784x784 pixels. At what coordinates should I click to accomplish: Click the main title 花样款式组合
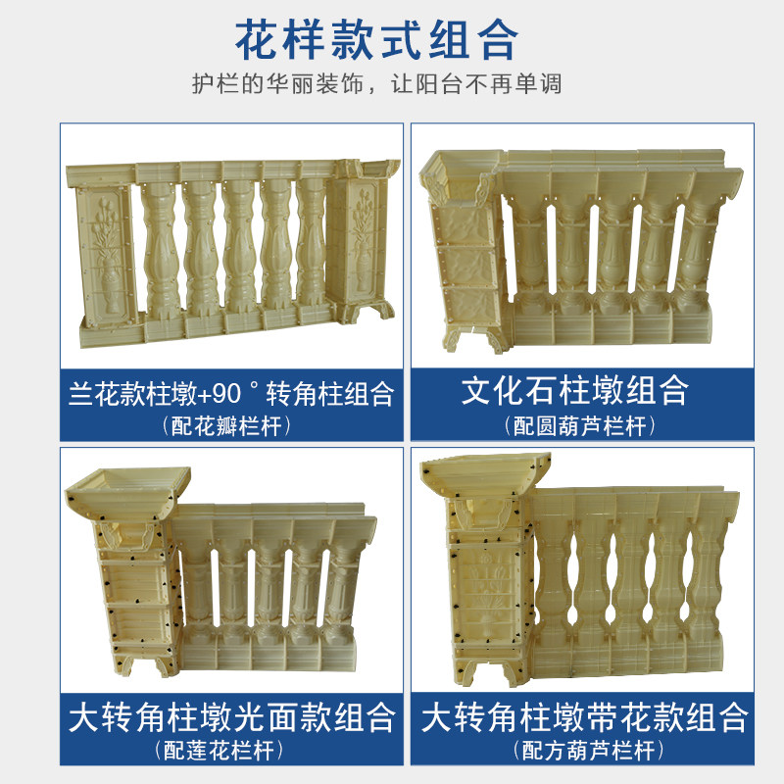376,40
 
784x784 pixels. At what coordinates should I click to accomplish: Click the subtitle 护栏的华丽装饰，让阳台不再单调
376,83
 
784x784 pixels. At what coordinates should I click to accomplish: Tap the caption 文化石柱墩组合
575,390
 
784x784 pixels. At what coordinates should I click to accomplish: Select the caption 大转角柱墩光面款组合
232,717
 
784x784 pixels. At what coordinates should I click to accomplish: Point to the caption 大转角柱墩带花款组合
584,717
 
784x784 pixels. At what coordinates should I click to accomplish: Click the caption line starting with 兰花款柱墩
231,394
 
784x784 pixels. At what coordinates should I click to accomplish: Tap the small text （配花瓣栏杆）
226,426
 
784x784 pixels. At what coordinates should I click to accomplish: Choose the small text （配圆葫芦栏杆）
580,426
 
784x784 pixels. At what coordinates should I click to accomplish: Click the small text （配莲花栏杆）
219,750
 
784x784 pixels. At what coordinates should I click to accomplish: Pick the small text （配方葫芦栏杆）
589,750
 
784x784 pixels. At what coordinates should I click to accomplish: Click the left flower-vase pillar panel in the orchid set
106,256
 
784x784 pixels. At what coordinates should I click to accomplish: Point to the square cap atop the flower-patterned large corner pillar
485,474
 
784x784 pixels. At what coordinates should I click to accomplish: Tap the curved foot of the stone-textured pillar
475,339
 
